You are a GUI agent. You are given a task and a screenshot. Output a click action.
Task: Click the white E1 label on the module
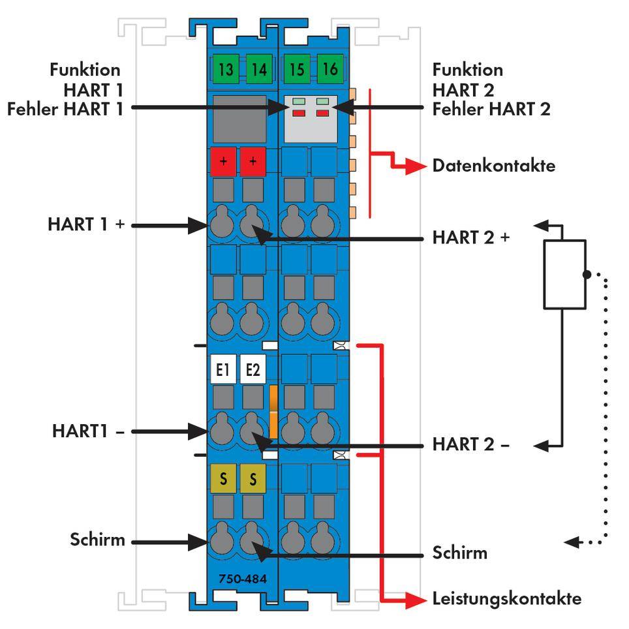223,371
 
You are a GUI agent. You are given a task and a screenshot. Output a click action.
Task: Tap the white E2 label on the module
253,371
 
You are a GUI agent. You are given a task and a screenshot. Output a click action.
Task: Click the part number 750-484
239,578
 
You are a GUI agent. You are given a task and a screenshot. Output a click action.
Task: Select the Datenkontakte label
493,166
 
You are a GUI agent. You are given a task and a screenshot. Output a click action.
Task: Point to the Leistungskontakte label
506,598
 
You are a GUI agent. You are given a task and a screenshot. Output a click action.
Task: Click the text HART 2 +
470,238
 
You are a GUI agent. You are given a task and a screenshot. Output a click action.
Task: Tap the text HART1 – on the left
89,431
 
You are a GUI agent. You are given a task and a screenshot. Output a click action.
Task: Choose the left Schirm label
97,541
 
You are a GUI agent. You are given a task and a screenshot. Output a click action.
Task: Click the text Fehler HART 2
491,109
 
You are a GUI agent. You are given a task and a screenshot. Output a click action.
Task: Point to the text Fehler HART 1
65,109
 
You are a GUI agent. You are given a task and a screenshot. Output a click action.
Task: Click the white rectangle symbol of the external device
564,274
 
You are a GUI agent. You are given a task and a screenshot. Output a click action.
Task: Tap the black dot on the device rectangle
587,275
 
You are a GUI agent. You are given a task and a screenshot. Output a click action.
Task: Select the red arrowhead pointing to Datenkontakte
415,166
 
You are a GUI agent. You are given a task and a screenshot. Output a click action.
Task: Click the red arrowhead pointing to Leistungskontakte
415,599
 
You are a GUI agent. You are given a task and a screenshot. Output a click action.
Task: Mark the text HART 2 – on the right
470,445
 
